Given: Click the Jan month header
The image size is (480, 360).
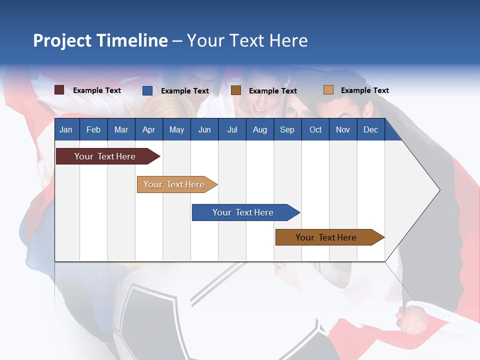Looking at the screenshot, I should (x=66, y=130).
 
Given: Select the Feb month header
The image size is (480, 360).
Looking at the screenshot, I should (x=93, y=130).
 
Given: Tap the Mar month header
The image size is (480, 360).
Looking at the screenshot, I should (x=121, y=130).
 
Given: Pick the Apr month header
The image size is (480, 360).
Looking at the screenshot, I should (x=149, y=130).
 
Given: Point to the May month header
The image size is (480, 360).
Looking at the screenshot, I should (x=176, y=130).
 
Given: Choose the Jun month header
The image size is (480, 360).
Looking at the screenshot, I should (x=204, y=130).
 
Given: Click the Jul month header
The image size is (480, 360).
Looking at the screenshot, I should (x=232, y=130).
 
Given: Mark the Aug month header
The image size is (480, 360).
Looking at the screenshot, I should (x=260, y=130).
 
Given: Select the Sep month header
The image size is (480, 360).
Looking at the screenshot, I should (x=287, y=130).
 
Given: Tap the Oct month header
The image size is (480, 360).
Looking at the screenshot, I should (x=315, y=130).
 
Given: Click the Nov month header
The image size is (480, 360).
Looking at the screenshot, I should (x=343, y=130).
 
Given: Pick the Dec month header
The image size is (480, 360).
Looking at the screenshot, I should (x=371, y=130).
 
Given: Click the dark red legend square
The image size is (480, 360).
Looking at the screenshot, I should (x=59, y=90).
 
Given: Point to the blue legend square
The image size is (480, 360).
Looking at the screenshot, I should (x=147, y=90).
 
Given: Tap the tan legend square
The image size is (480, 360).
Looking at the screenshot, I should (x=328, y=90).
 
